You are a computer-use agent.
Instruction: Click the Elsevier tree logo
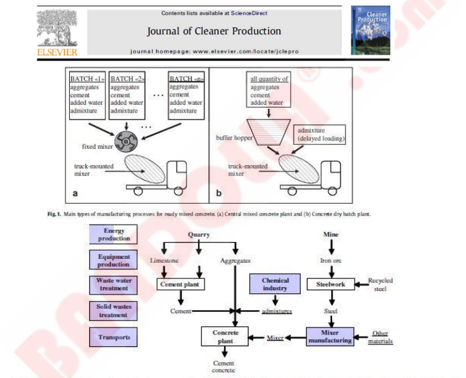(57, 28)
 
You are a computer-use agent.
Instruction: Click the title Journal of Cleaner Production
(214, 31)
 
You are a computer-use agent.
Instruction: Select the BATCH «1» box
(87, 94)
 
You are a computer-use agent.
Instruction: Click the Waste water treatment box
(113, 284)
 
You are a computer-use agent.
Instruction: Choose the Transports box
(113, 337)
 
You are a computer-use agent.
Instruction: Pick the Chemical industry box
(275, 284)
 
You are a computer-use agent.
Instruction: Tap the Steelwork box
(331, 283)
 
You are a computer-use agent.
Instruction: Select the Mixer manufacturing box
(330, 336)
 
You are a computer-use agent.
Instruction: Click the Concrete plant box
(225, 336)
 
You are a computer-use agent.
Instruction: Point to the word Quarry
(199, 235)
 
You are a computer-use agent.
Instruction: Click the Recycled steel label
(381, 285)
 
